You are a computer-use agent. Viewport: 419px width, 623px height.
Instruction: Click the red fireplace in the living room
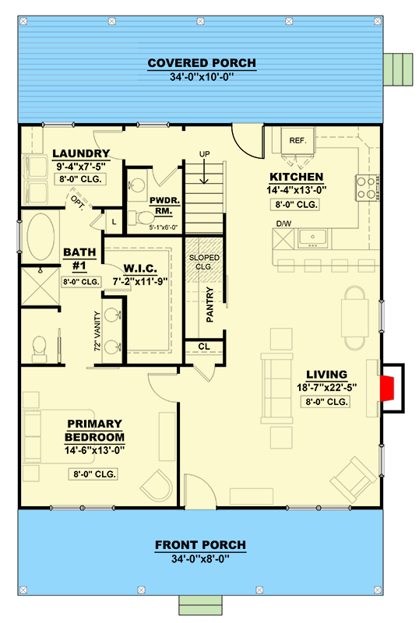pyautogui.click(x=387, y=388)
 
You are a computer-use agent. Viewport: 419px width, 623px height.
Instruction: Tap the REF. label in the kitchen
pyautogui.click(x=298, y=141)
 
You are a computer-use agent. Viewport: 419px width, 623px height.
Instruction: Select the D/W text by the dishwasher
pyautogui.click(x=283, y=224)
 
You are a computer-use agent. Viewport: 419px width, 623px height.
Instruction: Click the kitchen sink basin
pyautogui.click(x=313, y=238)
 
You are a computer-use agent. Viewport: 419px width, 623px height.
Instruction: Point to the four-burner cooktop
pyautogui.click(x=366, y=188)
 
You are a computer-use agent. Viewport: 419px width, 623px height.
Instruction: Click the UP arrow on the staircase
pyautogui.click(x=204, y=171)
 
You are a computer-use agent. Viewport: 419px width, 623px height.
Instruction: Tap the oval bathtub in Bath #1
pyautogui.click(x=40, y=238)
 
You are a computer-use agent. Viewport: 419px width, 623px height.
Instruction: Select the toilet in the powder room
pyautogui.click(x=142, y=218)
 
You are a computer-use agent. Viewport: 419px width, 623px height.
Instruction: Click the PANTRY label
pyautogui.click(x=210, y=304)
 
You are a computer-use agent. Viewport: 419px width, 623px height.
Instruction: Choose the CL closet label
pyautogui.click(x=204, y=347)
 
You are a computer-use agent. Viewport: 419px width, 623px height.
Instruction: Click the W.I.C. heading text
pyautogui.click(x=140, y=268)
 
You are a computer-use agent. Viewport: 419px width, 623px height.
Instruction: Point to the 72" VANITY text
pyautogui.click(x=97, y=331)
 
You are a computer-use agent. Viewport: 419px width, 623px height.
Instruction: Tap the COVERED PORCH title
pyautogui.click(x=202, y=63)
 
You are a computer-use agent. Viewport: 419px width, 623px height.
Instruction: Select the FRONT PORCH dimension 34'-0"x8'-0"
pyautogui.click(x=201, y=559)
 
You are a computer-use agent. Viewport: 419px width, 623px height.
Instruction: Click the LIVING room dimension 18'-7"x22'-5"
pyautogui.click(x=327, y=387)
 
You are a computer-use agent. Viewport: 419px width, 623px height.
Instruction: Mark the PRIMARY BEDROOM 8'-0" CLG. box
pyautogui.click(x=94, y=474)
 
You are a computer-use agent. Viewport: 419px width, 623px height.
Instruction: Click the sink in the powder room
pyautogui.click(x=138, y=185)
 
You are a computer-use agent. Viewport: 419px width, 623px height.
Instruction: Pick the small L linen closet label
pyautogui.click(x=114, y=222)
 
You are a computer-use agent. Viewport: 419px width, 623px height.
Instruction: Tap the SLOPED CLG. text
pyautogui.click(x=204, y=262)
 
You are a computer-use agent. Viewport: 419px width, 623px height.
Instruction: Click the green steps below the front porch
pyautogui.click(x=200, y=605)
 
